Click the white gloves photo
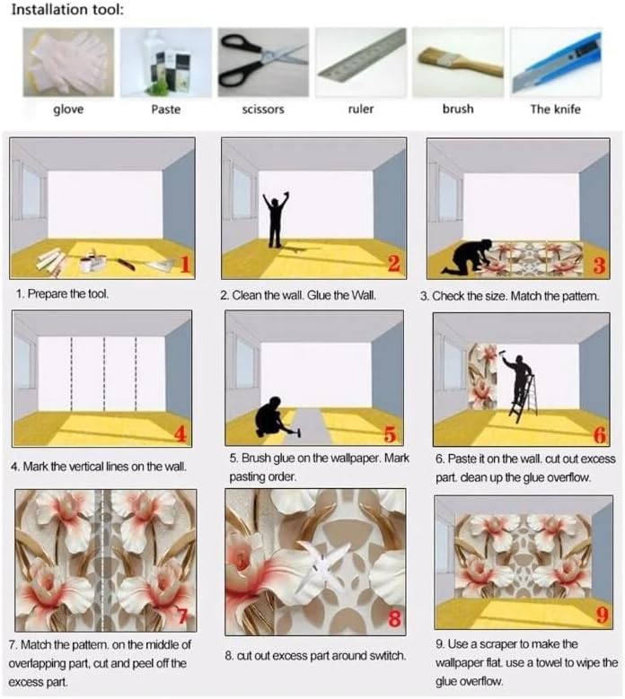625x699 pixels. [x=69, y=62]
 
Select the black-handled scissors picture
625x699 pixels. [x=263, y=62]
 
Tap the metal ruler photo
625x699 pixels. [x=361, y=62]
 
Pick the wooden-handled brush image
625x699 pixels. [x=458, y=62]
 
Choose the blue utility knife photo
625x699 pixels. [x=556, y=62]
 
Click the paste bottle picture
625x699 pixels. [x=166, y=62]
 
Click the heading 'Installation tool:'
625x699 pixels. [x=67, y=10]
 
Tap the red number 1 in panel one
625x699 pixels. [x=185, y=264]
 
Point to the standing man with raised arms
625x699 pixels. [x=276, y=219]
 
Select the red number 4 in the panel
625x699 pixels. [x=180, y=433]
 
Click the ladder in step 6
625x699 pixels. [x=524, y=398]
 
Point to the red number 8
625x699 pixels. [x=394, y=619]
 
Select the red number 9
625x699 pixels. [x=603, y=616]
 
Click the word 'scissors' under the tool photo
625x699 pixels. [x=263, y=109]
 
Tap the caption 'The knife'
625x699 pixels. [x=556, y=109]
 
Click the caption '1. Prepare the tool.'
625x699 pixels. [x=63, y=293]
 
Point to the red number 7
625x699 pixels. [x=182, y=616]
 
